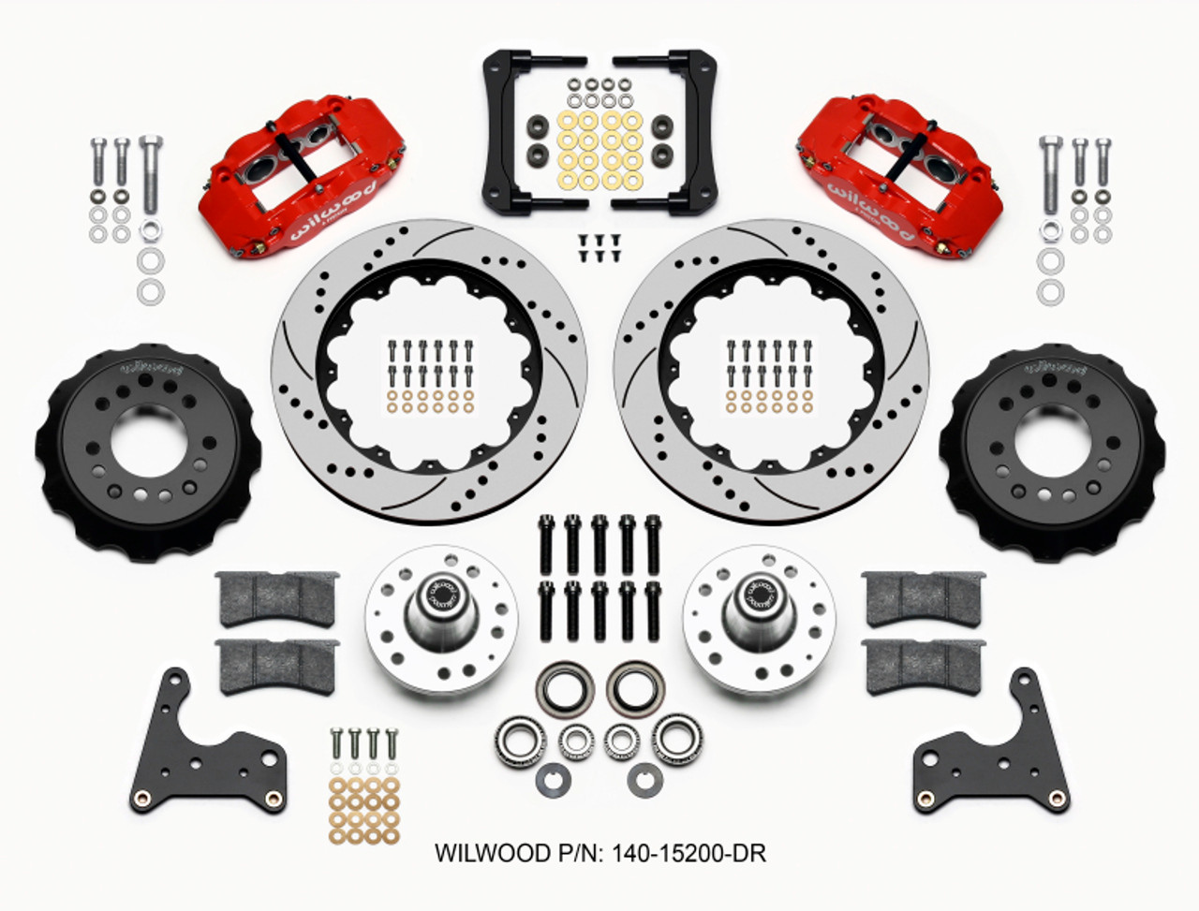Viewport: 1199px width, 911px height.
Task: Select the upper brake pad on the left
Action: click(276, 597)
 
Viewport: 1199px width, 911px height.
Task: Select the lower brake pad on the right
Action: click(924, 667)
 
